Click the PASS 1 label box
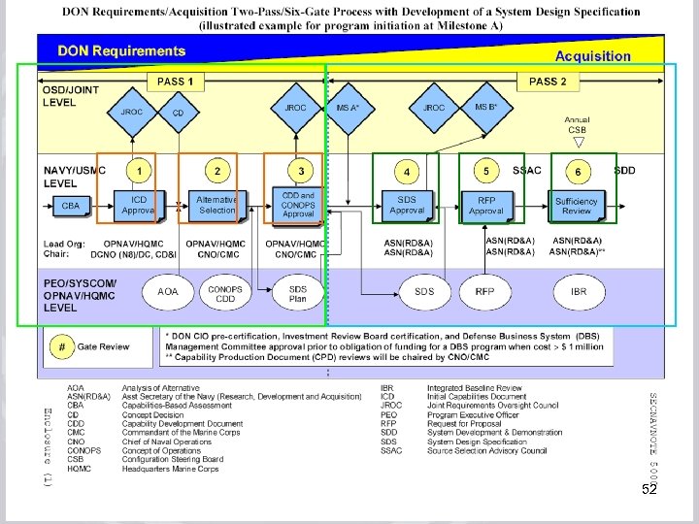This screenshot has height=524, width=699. [176, 82]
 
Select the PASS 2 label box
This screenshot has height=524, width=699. [549, 82]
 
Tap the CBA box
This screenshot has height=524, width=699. [71, 206]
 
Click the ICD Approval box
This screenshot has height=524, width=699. [138, 204]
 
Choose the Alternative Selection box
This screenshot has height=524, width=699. [216, 204]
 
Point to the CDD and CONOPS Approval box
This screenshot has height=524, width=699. [298, 204]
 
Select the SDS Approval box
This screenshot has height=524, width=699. [407, 205]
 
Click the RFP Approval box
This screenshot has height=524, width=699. [486, 205]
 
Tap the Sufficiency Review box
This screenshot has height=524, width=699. [577, 205]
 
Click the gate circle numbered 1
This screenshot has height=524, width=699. [140, 172]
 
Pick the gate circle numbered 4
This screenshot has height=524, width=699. [407, 172]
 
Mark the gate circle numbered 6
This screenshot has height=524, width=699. [579, 172]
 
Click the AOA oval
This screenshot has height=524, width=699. [168, 291]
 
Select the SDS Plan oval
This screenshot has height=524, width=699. [298, 292]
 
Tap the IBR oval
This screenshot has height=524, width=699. [579, 291]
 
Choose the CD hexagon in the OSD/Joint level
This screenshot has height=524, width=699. [178, 113]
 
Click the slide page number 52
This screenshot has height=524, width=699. [650, 492]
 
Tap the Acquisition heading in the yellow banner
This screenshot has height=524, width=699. [592, 56]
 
